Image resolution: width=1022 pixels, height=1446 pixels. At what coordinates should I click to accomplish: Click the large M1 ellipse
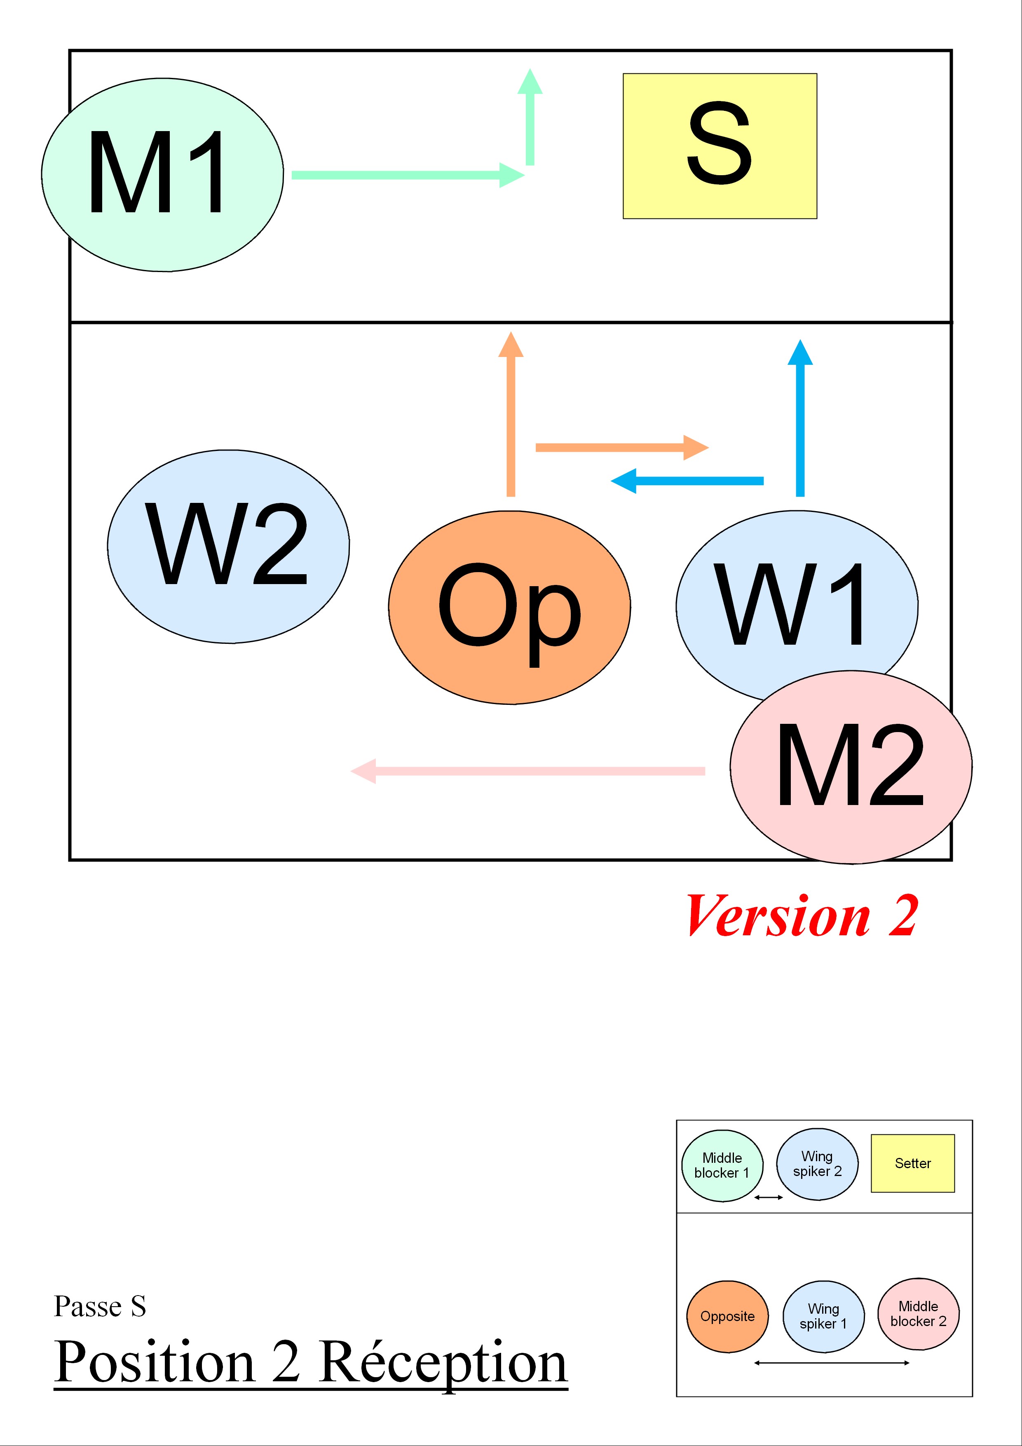pyautogui.click(x=162, y=175)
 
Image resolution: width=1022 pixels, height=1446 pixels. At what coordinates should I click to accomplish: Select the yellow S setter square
pyautogui.click(x=720, y=146)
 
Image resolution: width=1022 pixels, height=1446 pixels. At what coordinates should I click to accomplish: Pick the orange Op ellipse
pyautogui.click(x=509, y=607)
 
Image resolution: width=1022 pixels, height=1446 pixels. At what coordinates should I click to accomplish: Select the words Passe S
pyautogui.click(x=100, y=1306)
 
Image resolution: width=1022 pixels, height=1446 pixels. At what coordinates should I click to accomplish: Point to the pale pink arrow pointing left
pyautogui.click(x=527, y=771)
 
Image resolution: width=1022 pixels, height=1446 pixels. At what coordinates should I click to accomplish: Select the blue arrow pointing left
pyautogui.click(x=687, y=481)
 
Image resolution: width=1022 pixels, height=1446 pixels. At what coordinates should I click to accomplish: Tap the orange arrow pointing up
pyautogui.click(x=511, y=414)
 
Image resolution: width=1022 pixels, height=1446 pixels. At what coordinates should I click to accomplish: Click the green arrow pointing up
pyautogui.click(x=530, y=117)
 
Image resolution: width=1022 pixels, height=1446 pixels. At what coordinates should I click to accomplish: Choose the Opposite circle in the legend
pyautogui.click(x=727, y=1316)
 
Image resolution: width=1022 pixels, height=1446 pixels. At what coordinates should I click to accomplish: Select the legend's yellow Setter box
pyautogui.click(x=912, y=1163)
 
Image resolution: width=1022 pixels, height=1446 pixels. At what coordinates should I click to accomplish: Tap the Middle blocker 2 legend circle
pyautogui.click(x=919, y=1314)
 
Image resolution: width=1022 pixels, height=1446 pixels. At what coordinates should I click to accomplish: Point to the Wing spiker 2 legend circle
pyautogui.click(x=817, y=1164)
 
